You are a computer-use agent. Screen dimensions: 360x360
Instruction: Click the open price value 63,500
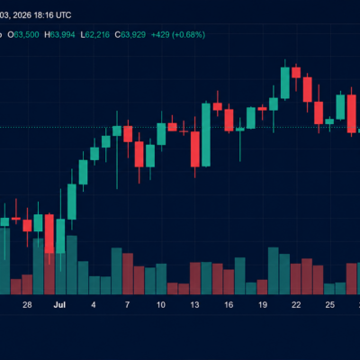(26, 35)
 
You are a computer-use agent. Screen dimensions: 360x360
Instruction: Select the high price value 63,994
(62, 35)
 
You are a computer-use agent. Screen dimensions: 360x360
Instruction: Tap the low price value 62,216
(97, 35)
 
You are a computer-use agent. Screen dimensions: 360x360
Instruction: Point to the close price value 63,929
(133, 35)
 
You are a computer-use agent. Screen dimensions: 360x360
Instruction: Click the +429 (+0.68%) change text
(178, 35)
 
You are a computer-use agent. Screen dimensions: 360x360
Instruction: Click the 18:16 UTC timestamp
(52, 15)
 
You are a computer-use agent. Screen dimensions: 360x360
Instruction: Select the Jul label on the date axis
(59, 305)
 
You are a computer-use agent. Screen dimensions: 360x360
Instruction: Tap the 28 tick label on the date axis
(27, 305)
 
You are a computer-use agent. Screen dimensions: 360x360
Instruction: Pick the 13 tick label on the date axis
(194, 305)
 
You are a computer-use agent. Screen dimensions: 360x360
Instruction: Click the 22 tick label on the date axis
(296, 305)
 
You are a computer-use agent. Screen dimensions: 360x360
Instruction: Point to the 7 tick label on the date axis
(127, 305)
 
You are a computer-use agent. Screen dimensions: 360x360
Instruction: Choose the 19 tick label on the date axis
(263, 305)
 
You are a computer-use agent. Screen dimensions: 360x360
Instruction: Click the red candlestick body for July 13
(195, 149)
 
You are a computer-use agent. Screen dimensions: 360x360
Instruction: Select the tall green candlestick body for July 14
(206, 135)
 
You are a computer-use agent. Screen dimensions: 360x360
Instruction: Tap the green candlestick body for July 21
(285, 83)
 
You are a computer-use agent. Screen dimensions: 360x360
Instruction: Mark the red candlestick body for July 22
(296, 73)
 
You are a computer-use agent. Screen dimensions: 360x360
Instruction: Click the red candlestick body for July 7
(128, 134)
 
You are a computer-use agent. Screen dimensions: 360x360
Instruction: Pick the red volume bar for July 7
(128, 274)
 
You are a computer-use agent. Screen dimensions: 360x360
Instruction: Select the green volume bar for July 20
(274, 271)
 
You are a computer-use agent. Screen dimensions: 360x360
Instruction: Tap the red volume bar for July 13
(195, 278)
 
